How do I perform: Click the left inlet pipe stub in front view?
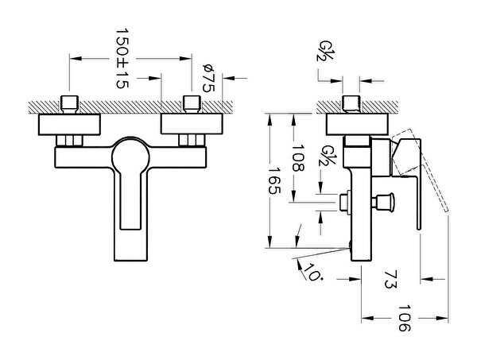[x=71, y=103]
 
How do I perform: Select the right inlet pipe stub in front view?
[x=191, y=103]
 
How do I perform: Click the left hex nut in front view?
[x=71, y=141]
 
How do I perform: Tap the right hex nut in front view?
[x=191, y=141]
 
